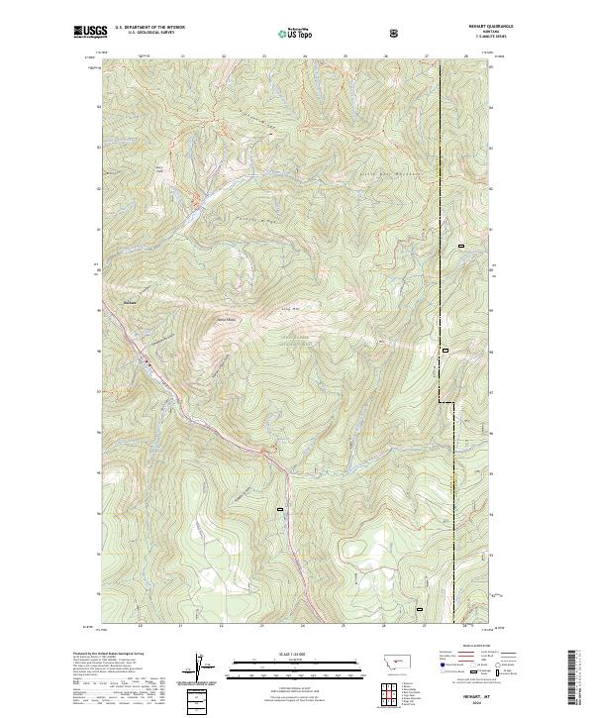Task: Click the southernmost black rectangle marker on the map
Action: click(419, 608)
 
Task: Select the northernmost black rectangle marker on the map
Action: click(460, 245)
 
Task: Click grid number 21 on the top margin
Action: click(183, 56)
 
